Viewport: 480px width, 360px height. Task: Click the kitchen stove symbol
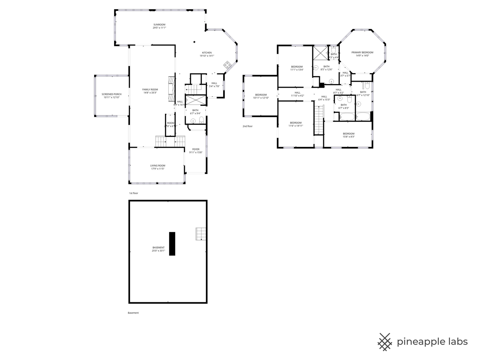[x=227, y=65]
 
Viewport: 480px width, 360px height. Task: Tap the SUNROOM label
[x=159, y=25]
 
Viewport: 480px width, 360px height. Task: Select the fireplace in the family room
[x=171, y=89]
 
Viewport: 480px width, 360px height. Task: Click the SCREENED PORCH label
[x=111, y=94]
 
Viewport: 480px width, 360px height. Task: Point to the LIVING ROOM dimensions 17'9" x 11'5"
[x=157, y=169]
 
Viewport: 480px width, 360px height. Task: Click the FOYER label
[x=196, y=149]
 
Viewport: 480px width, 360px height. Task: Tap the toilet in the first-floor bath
[x=201, y=120]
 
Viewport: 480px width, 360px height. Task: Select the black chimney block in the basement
[x=172, y=244]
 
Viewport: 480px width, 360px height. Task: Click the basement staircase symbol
[x=201, y=234]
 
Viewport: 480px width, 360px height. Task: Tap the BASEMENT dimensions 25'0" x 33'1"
[x=158, y=250]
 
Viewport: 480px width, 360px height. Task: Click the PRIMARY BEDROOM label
[x=362, y=52]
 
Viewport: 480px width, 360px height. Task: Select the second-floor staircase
[x=318, y=119]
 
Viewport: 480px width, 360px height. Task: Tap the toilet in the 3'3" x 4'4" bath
[x=333, y=49]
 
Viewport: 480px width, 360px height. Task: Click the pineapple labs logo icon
[x=384, y=342]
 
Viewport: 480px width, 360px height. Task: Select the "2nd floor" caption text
[x=247, y=126]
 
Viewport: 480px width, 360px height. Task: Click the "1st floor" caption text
[x=133, y=193]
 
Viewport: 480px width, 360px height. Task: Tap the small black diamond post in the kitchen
[x=194, y=42]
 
